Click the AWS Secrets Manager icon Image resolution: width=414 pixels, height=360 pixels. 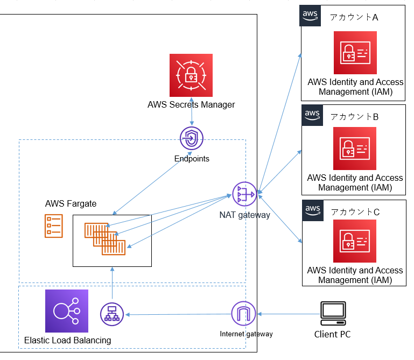click(191, 75)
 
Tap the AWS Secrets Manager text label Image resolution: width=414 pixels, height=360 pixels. click(191, 104)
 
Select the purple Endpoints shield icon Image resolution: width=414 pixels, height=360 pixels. click(192, 139)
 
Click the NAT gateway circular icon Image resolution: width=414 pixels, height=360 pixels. click(244, 194)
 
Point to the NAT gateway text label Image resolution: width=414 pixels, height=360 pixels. click(244, 215)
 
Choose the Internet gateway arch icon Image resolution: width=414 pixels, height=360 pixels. click(243, 314)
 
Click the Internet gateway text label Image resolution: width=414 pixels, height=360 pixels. click(246, 334)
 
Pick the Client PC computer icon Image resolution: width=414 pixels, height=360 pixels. click(333, 314)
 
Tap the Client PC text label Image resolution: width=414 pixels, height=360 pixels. click(332, 334)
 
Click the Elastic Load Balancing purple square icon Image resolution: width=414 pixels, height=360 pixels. click(66, 311)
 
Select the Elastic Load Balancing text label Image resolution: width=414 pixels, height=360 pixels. click(68, 340)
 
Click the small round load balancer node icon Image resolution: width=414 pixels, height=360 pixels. click(112, 314)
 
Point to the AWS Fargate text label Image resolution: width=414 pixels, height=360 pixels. click(71, 203)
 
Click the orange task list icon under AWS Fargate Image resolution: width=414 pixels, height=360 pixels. click(53, 225)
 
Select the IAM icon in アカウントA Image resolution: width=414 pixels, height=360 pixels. click(355, 53)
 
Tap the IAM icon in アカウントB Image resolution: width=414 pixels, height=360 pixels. click(355, 149)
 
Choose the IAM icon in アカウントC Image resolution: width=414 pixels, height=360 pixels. click(355, 241)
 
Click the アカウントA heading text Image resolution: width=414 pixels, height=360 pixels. click(354, 17)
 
